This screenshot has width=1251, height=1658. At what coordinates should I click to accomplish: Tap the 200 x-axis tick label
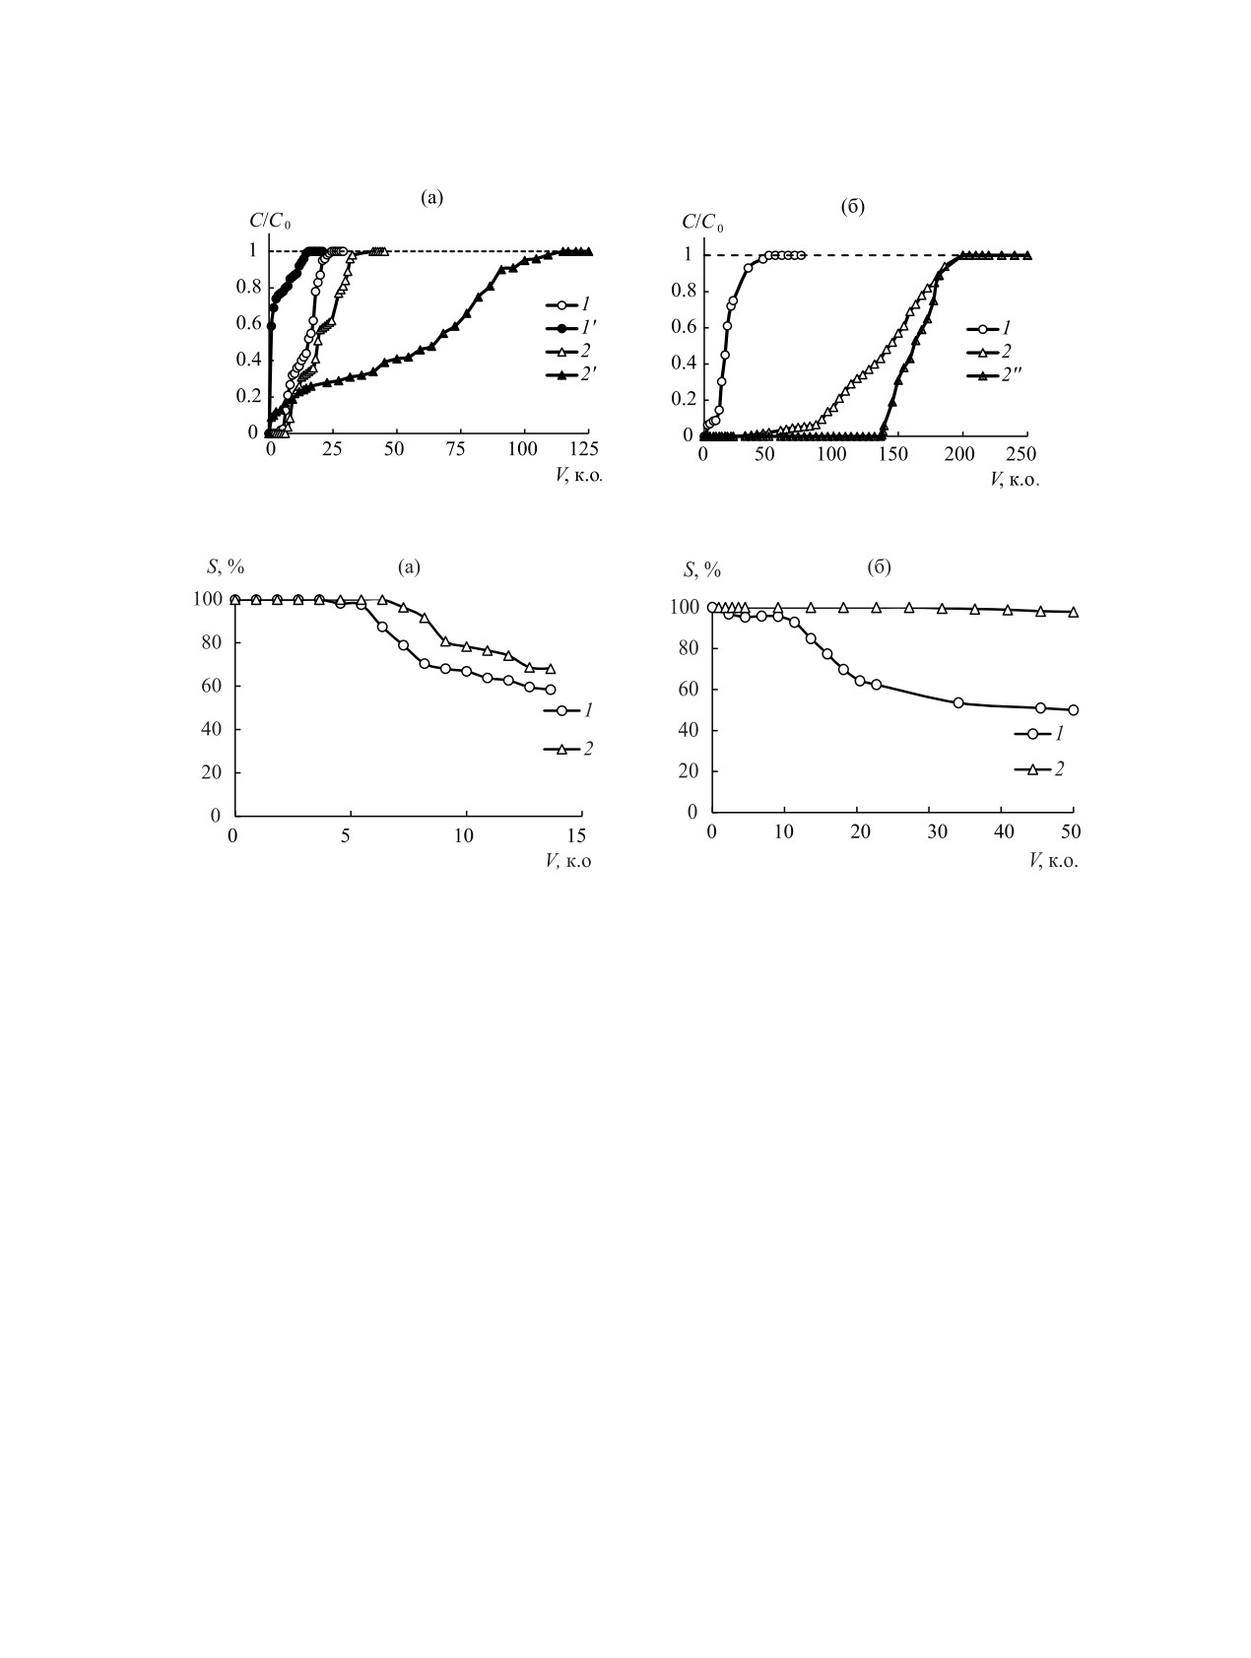[x=960, y=455]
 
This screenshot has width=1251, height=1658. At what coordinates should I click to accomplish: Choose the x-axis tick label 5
[x=347, y=836]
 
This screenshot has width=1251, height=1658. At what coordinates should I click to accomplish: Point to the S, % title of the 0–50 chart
[x=701, y=569]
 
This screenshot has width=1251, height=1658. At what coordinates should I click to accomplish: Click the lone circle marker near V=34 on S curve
[x=957, y=702]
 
